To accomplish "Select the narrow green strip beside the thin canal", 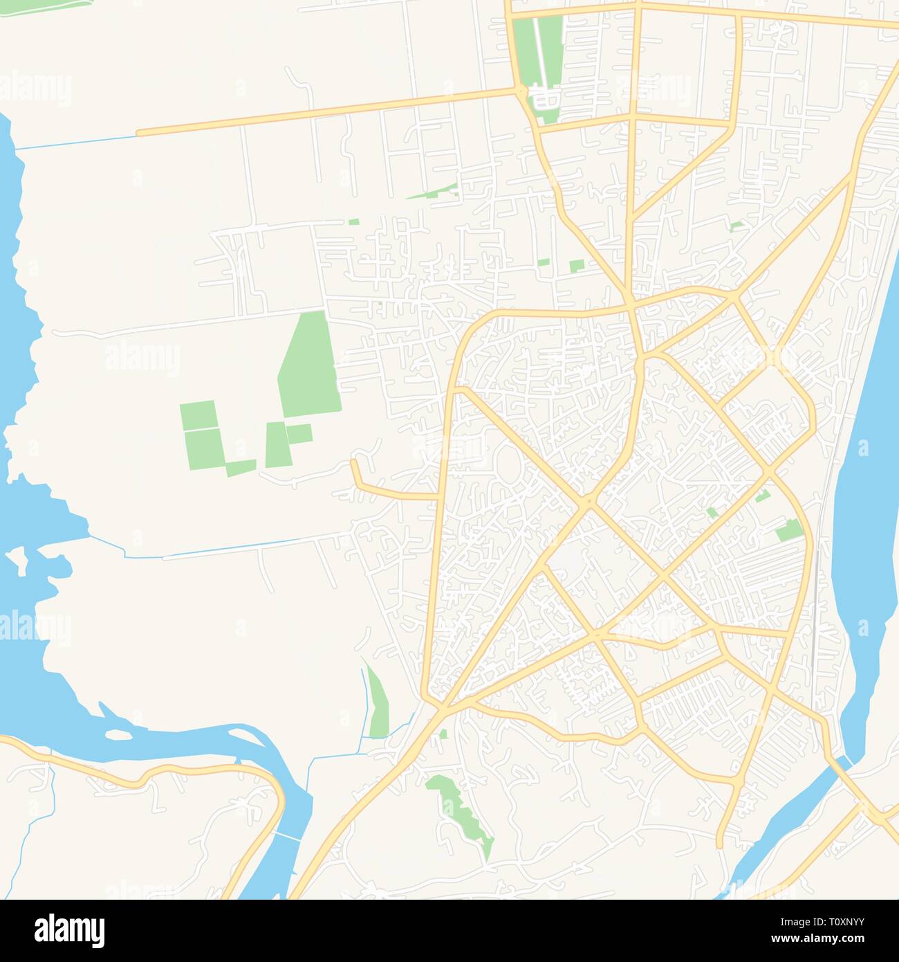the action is coord(378,702).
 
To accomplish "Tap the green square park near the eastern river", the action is coord(789,531).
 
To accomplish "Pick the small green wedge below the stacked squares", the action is coord(241,469).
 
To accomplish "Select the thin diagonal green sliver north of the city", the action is coord(433,192).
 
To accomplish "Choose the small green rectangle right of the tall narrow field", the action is coord(299,434).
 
